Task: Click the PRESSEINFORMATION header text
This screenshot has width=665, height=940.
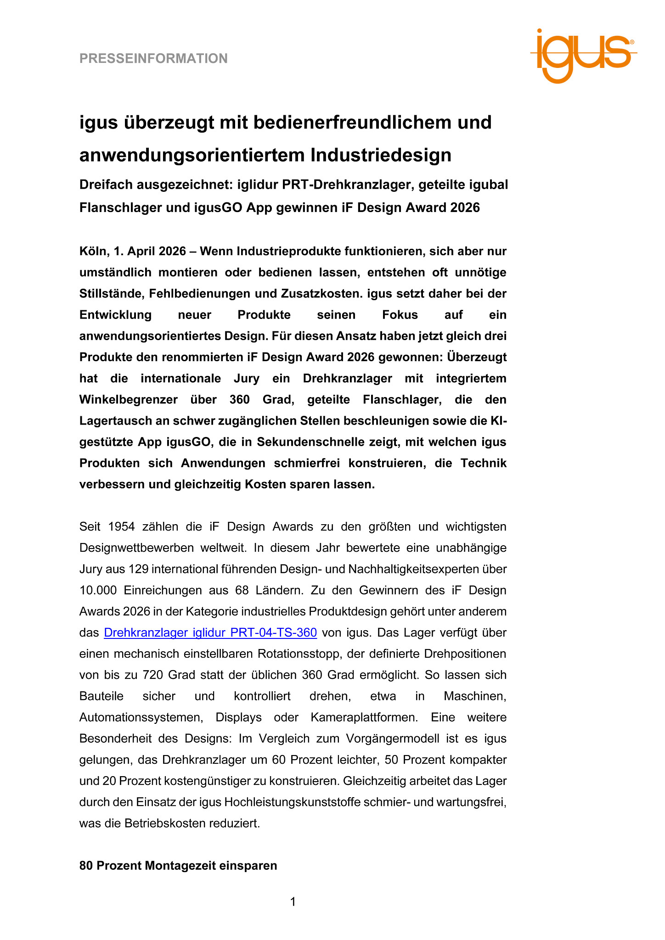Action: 153,59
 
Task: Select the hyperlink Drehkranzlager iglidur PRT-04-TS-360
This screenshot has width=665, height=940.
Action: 210,632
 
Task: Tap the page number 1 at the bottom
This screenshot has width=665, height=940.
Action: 293,902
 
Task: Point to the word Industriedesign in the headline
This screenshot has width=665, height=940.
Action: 381,155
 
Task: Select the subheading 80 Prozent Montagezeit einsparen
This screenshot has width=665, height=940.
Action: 178,866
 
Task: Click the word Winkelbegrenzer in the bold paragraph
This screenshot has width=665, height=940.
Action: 128,400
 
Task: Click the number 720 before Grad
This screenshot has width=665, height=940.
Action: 152,675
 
